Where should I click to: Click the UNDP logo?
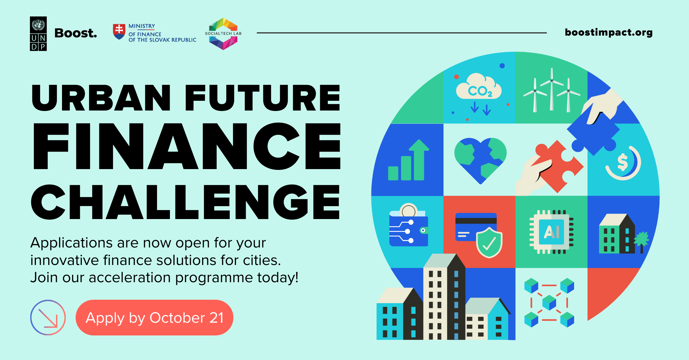(x=38, y=34)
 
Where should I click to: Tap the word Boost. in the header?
(x=76, y=33)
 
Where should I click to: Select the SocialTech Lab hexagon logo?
(x=223, y=34)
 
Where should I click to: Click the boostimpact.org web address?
(x=609, y=32)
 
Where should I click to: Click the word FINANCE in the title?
(x=187, y=146)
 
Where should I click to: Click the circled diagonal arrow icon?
(x=48, y=318)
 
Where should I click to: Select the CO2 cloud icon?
(x=479, y=88)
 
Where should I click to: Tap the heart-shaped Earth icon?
(x=480, y=159)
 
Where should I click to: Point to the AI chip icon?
(x=551, y=232)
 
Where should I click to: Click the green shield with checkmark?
(x=489, y=243)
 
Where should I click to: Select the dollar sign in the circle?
(x=622, y=162)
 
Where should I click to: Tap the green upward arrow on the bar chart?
(x=419, y=158)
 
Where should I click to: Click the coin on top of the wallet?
(x=409, y=211)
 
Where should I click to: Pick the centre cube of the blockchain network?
(x=549, y=303)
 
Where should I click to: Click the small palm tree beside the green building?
(x=642, y=240)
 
